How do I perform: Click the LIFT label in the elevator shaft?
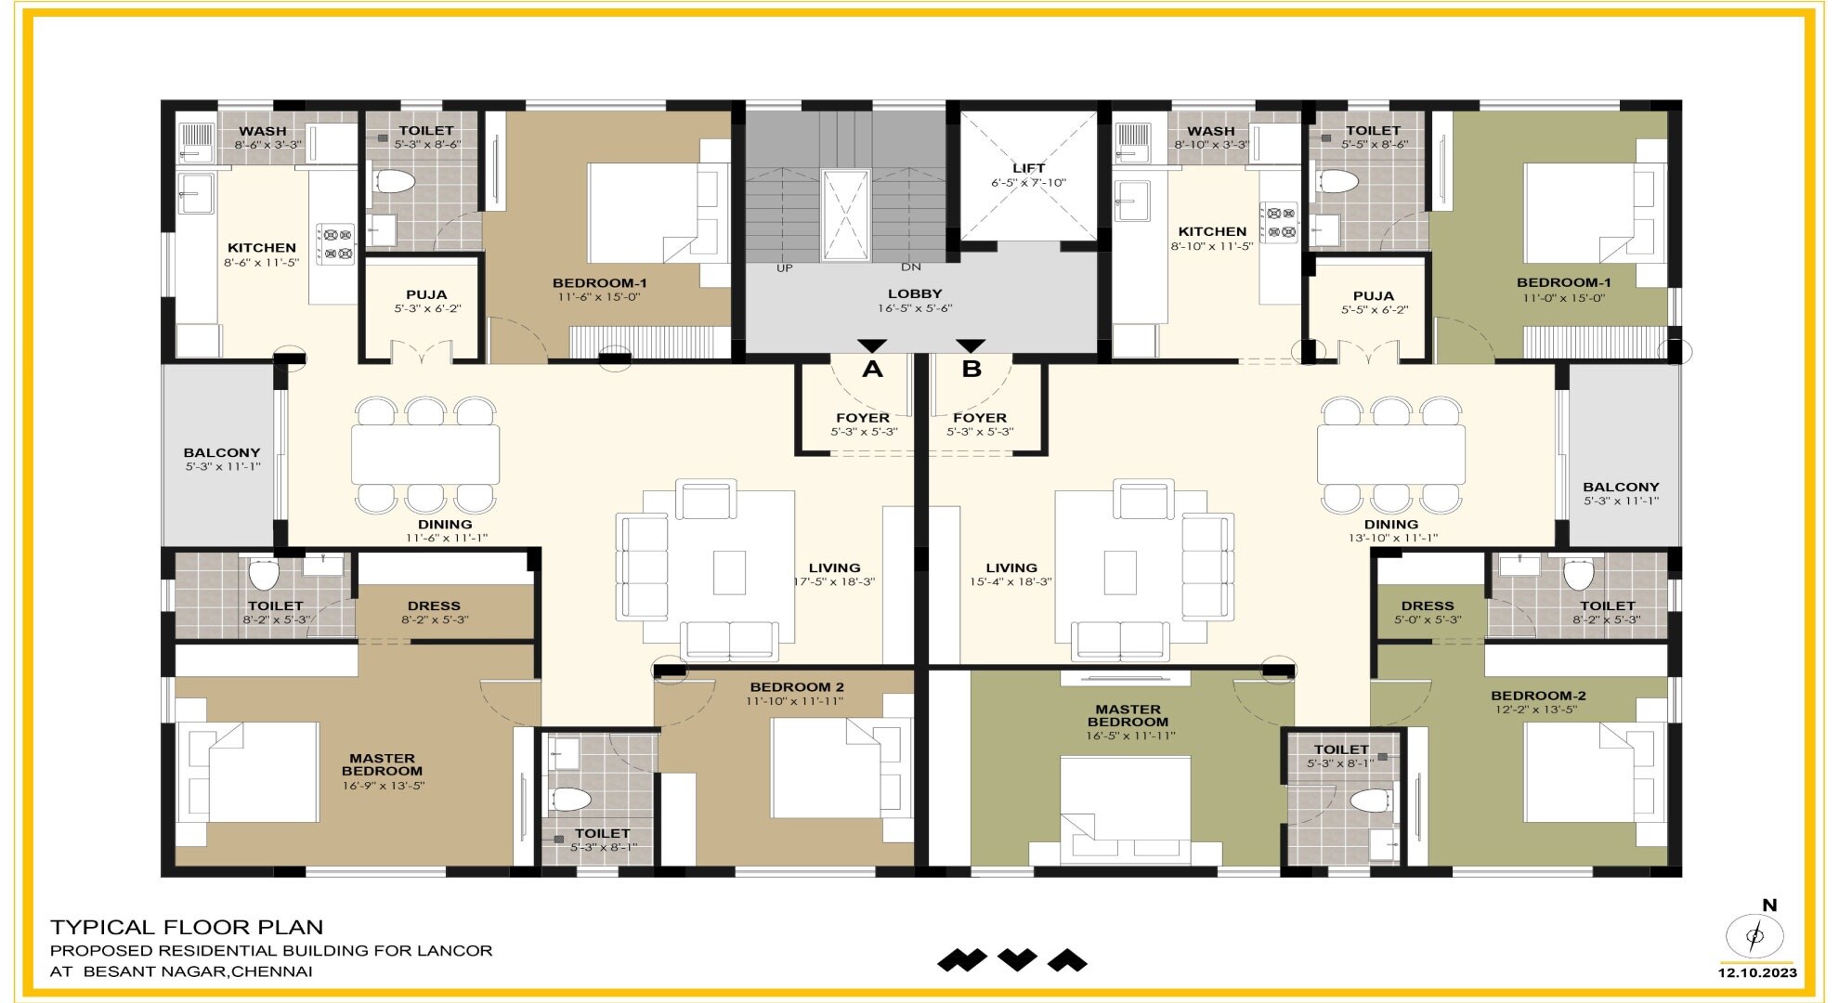[x=1028, y=168]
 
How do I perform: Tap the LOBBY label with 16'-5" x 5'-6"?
[x=915, y=293]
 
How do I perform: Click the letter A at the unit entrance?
[x=871, y=370]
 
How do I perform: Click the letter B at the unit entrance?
[x=972, y=370]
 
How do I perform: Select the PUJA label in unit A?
[x=426, y=294]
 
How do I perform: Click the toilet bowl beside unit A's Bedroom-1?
[x=394, y=181]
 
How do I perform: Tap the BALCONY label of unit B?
[x=1621, y=487]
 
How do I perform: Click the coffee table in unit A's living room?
[x=729, y=572]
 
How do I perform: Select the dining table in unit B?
[x=1390, y=454]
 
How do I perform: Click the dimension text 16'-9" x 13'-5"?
[x=383, y=786]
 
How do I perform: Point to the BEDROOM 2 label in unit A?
[x=797, y=687]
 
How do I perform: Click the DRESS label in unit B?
[x=1428, y=606]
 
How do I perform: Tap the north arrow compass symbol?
[x=1754, y=934]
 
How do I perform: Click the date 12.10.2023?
[x=1756, y=973]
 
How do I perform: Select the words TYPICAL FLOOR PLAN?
[x=187, y=927]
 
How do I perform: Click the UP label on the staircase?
[x=785, y=268]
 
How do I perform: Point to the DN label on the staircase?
[x=910, y=267]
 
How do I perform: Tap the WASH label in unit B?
[x=1210, y=131]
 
